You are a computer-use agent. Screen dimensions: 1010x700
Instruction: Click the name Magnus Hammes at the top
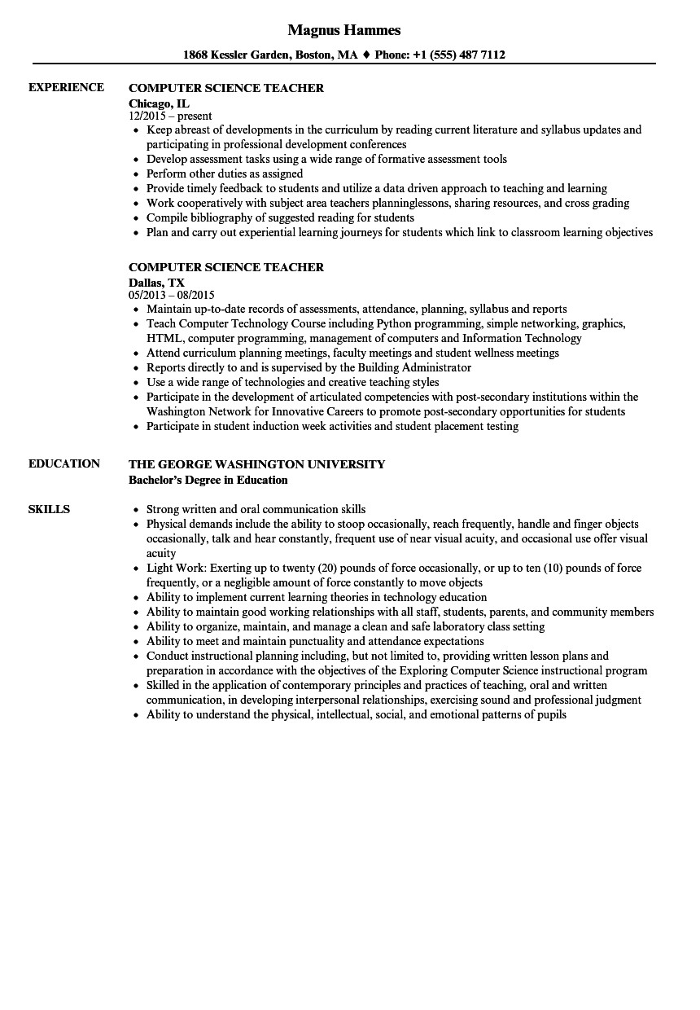tap(344, 30)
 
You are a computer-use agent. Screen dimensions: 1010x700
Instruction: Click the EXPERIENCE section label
tap(66, 87)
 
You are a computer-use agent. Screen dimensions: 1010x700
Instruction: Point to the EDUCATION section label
tap(64, 463)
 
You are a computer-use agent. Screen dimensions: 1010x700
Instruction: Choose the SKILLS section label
tap(49, 509)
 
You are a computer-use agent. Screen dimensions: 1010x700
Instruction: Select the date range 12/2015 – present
tap(170, 116)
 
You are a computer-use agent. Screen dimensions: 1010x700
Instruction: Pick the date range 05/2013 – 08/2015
tap(171, 296)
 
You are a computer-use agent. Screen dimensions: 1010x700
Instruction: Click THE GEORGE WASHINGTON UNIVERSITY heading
tap(256, 463)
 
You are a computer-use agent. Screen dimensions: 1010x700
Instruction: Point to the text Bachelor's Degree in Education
tap(208, 480)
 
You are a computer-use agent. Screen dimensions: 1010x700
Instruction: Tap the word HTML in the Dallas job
tap(161, 338)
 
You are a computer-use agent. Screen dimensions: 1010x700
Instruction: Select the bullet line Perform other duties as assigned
tap(225, 173)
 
